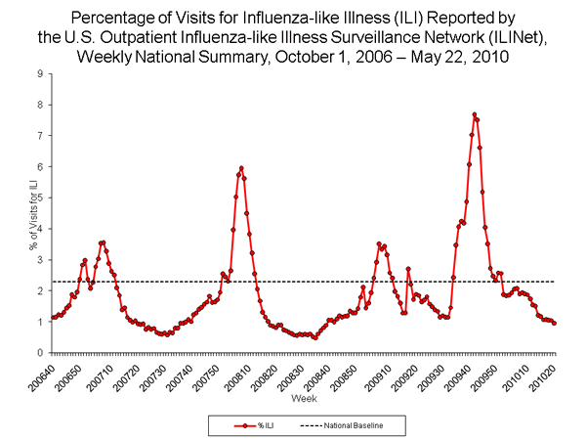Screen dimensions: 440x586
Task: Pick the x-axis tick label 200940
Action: point(466,374)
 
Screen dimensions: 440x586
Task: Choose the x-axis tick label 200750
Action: point(211,374)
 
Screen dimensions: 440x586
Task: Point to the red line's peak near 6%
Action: point(241,168)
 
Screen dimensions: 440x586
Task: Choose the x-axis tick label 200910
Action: point(380,374)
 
